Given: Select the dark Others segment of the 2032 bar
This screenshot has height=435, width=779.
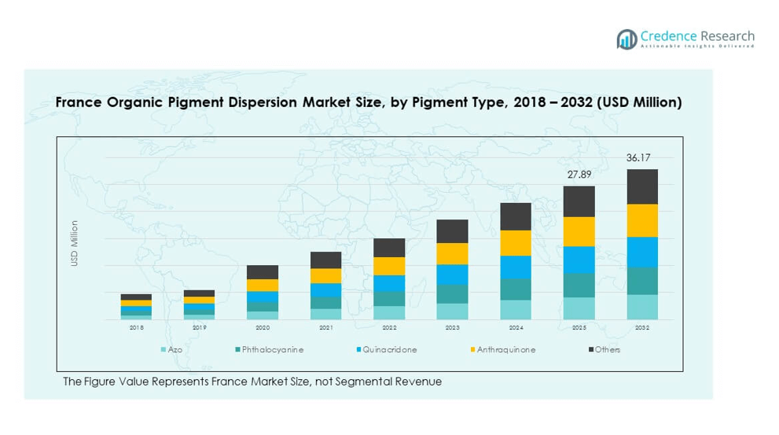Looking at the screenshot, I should point(641,186).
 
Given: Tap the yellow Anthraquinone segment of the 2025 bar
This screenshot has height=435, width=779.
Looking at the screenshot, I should point(579,231).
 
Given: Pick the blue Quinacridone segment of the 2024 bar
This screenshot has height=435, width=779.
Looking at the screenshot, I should point(516,267).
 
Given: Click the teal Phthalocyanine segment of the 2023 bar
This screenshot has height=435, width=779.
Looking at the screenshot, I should point(452,293).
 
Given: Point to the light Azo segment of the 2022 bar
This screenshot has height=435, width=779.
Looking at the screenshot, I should point(389,312).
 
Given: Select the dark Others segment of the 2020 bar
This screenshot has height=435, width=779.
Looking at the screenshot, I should point(263,272).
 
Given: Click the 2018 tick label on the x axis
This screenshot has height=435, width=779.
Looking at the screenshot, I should point(136,327).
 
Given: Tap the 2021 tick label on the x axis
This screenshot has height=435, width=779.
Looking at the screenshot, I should point(325,327).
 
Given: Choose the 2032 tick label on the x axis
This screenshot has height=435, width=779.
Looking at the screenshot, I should point(641,327).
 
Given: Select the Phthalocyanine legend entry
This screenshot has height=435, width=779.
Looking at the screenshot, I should point(272,349).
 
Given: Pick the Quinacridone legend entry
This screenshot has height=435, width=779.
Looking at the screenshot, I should point(390,349).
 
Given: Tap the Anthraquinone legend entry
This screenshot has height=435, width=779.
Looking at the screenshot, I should point(505,349).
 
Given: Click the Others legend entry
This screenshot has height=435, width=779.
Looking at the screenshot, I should point(607,349).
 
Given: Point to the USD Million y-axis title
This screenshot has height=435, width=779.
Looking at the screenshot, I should point(75,243).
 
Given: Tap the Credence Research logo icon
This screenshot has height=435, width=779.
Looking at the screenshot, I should point(627,39).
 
